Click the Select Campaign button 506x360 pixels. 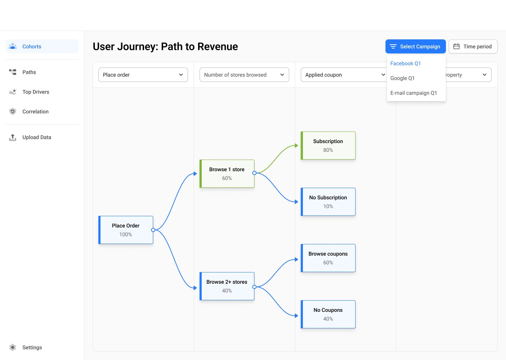pyautogui.click(x=415, y=46)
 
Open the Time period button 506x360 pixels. pyautogui.click(x=473, y=46)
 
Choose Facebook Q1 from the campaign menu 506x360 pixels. pyautogui.click(x=406, y=63)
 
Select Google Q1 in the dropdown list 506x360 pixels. pyautogui.click(x=402, y=78)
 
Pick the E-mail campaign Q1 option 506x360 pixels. pyautogui.click(x=414, y=93)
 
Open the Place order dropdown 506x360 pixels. pyautogui.click(x=143, y=75)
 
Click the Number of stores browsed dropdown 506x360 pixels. pyautogui.click(x=244, y=75)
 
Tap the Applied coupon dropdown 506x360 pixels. pyautogui.click(x=343, y=75)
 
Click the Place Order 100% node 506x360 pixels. pyautogui.click(x=126, y=230)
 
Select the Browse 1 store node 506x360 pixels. pyautogui.click(x=227, y=174)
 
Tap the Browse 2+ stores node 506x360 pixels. pyautogui.click(x=227, y=286)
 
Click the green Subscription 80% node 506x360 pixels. pyautogui.click(x=328, y=146)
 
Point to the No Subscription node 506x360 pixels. pyautogui.click(x=328, y=202)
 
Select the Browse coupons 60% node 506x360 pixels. pyautogui.click(x=328, y=258)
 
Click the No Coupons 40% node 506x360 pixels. pyautogui.click(x=328, y=314)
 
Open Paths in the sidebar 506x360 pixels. pyautogui.click(x=29, y=72)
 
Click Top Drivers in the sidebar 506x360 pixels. pyautogui.click(x=35, y=92)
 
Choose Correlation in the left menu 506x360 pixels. pyautogui.click(x=35, y=111)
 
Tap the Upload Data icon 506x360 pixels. pyautogui.click(x=13, y=137)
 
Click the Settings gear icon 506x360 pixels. pyautogui.click(x=13, y=347)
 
